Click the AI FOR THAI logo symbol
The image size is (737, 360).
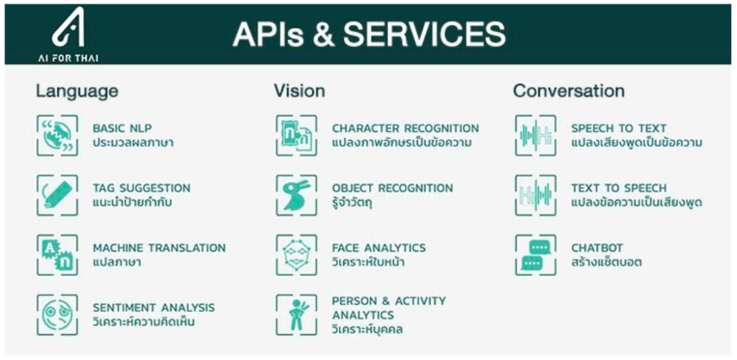point(68,27)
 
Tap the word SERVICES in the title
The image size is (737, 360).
point(425,34)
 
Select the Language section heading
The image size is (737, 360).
point(77,91)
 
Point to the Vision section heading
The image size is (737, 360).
point(299,91)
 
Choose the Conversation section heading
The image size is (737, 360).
point(569,91)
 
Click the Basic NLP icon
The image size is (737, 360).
point(58,135)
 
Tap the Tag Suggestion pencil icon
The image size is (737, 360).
point(58,195)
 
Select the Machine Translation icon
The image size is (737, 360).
point(58,255)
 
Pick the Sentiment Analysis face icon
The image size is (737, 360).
point(58,315)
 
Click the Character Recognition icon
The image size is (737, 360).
point(297,135)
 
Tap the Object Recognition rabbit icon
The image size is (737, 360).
point(297,195)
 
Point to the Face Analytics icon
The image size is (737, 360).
point(297,255)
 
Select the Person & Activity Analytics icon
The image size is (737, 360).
point(297,315)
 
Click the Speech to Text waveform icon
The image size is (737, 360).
point(535,135)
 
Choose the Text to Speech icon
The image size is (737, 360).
point(535,195)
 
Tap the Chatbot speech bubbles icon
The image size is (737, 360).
point(535,255)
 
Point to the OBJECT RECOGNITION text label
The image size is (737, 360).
point(392,188)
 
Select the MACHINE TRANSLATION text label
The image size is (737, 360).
point(159,248)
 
